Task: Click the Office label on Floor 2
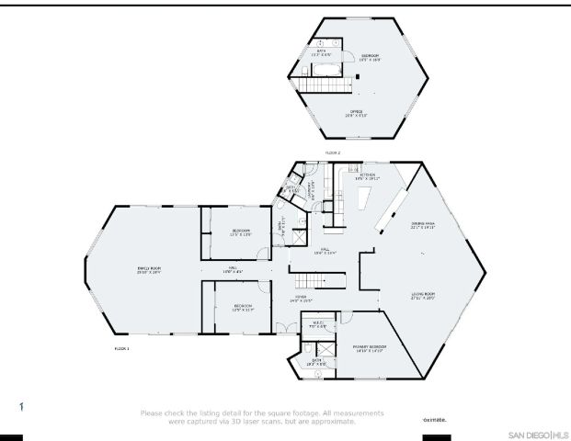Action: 356,115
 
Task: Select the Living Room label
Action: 422,296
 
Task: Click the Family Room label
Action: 149,270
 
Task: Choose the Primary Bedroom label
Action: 369,348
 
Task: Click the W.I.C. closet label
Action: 318,323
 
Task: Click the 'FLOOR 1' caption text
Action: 121,349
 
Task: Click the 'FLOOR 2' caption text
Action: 333,152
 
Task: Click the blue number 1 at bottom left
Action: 21,405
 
